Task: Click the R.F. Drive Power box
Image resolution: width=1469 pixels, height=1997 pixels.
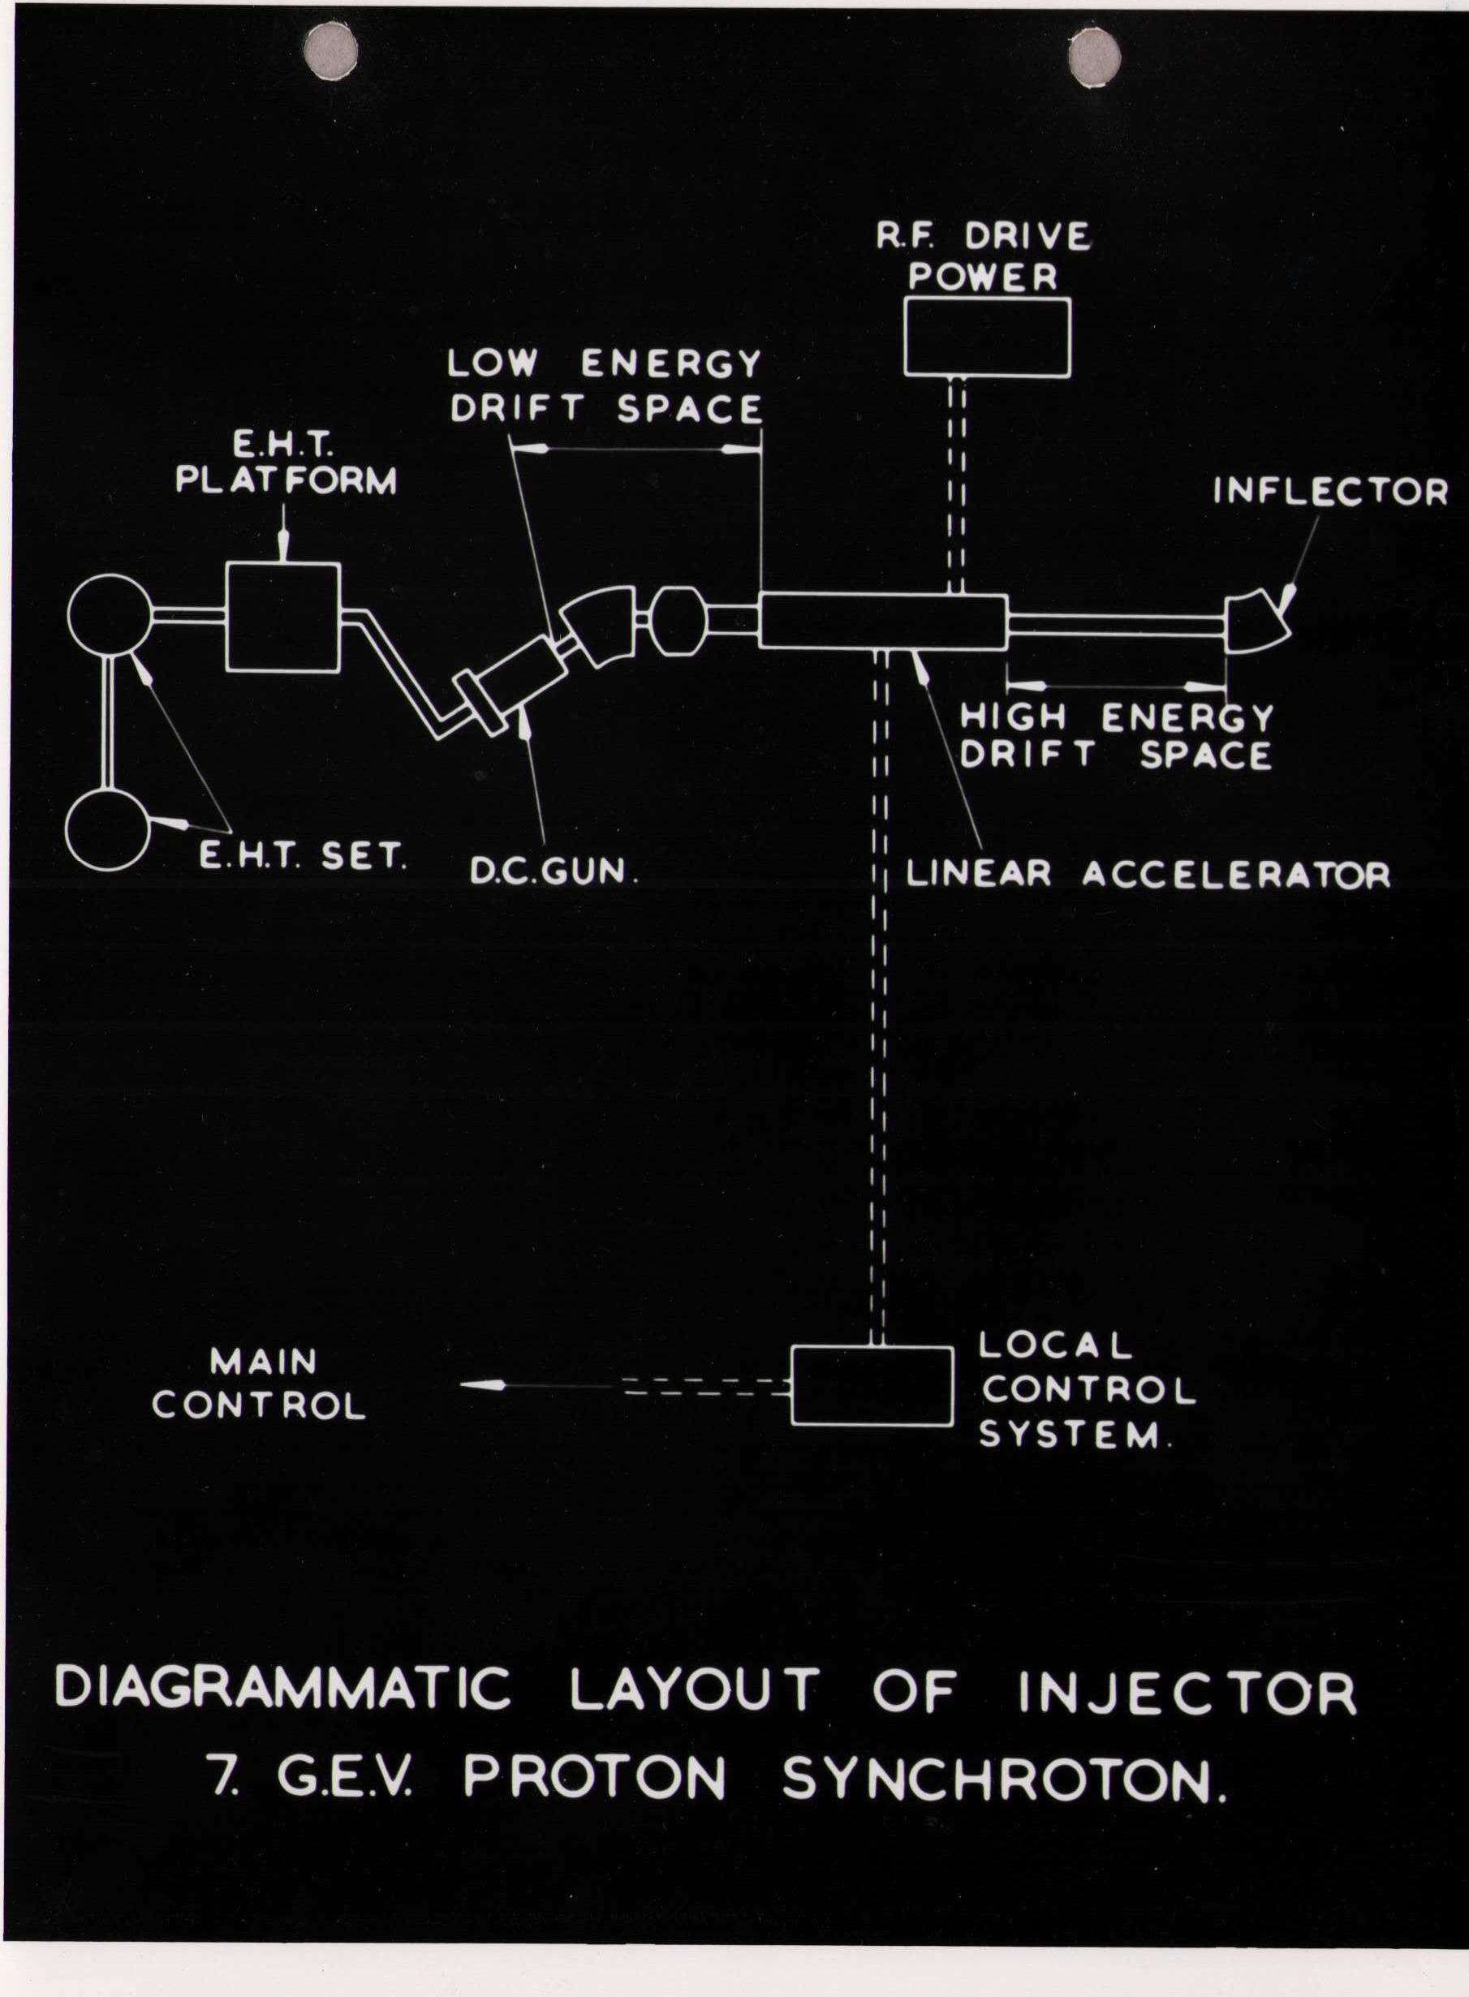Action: coord(987,337)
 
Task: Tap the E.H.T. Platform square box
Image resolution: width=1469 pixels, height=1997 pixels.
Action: coord(282,617)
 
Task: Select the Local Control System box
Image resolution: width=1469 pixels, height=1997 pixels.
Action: coord(872,1386)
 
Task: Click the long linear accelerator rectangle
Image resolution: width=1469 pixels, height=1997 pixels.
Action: coord(882,621)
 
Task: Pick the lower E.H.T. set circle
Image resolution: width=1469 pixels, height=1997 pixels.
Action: coord(108,828)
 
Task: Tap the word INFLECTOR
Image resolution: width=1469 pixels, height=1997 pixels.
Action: coord(1330,492)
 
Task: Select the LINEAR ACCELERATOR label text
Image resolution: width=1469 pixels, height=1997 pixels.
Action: coord(1147,875)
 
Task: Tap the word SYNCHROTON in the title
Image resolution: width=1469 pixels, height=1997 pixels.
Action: coord(1004,1780)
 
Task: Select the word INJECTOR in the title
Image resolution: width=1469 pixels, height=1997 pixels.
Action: coord(1187,1691)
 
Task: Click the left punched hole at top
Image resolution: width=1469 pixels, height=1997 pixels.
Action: coord(331,49)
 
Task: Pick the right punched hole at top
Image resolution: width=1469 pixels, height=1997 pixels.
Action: coord(1094,57)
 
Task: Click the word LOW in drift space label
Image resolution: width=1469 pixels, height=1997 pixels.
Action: coord(492,363)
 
